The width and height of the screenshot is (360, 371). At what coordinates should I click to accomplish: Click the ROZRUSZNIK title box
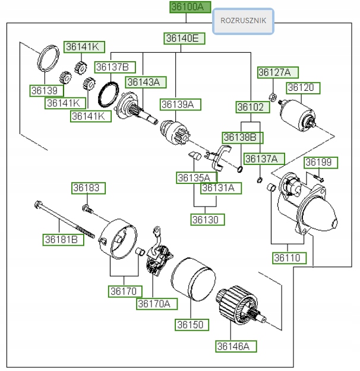[x=244, y=21]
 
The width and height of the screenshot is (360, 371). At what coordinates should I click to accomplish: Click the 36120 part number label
[x=304, y=87]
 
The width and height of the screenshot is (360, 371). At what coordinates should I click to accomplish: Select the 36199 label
[x=321, y=162]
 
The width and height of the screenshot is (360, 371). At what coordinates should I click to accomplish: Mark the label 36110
[x=290, y=258]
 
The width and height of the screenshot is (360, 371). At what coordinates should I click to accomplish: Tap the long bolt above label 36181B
[x=62, y=220]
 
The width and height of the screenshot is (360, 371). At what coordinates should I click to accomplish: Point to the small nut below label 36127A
[x=271, y=97]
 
